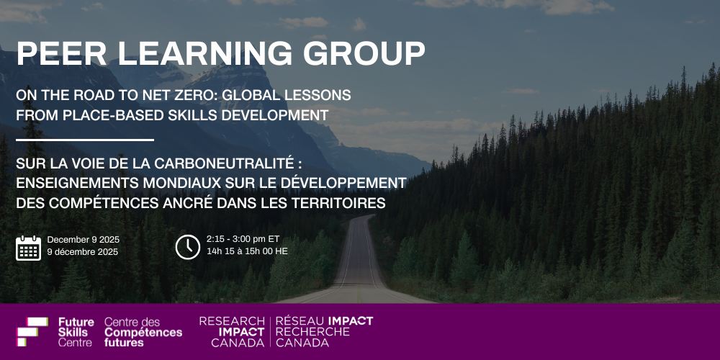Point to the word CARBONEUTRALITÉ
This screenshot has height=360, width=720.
point(224,163)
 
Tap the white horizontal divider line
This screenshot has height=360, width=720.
point(85,140)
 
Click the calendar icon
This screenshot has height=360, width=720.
point(29,248)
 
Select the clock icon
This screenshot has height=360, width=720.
point(188,247)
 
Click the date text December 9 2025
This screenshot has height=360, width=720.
point(83,240)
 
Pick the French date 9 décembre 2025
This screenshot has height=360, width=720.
point(83,252)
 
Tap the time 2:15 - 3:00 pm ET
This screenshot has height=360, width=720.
point(243,239)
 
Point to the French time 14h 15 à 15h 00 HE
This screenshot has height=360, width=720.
point(247,251)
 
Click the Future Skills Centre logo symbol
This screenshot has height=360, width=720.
point(32,331)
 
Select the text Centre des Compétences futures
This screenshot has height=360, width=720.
point(143,331)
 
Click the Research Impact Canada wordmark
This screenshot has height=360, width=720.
point(232,331)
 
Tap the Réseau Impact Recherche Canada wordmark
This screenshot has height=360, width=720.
point(324,331)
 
